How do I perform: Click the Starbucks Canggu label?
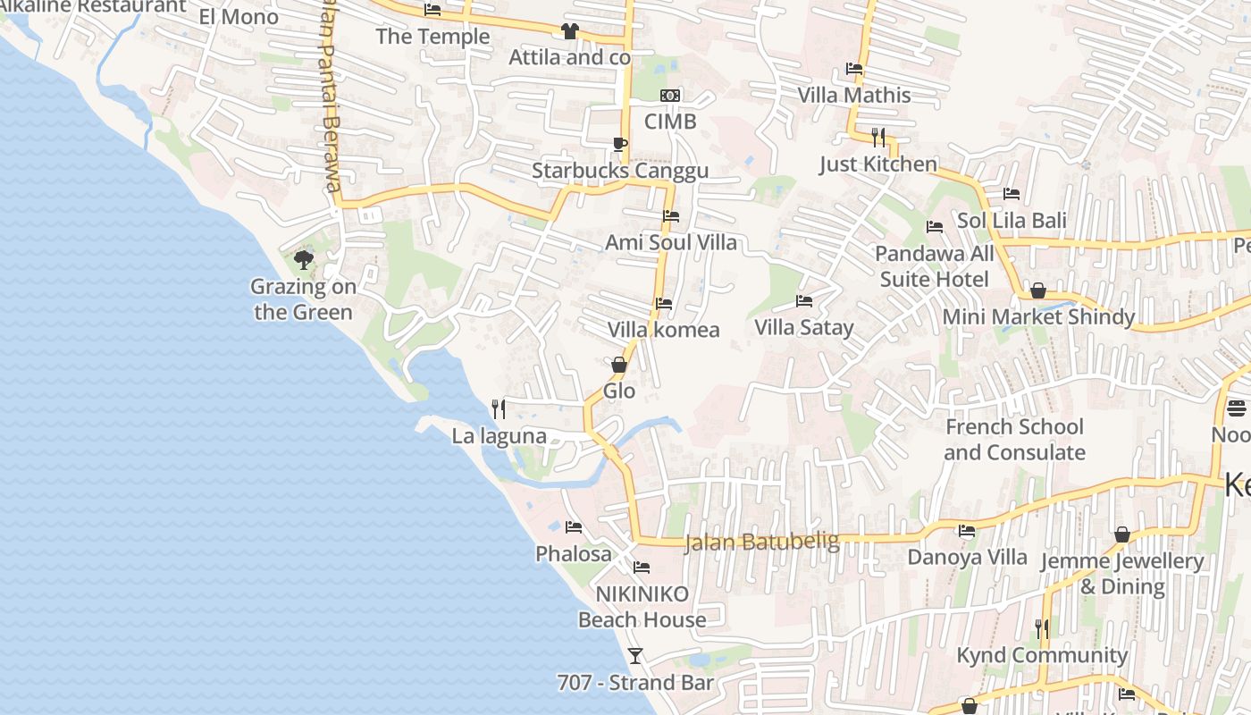pos(620,171)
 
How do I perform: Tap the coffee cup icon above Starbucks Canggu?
pos(619,144)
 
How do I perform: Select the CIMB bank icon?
pos(670,96)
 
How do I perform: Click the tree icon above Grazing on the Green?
pos(304,260)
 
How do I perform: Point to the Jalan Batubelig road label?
pos(761,543)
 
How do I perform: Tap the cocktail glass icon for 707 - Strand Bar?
pos(634,656)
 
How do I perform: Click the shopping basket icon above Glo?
pos(618,365)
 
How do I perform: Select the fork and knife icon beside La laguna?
pos(499,409)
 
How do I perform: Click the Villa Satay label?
pos(804,327)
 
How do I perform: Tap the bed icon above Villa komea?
pos(663,304)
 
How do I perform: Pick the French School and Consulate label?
pos(1014,440)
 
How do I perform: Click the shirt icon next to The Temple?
pos(569,31)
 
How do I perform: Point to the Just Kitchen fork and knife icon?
pos(878,137)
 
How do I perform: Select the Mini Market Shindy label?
pos(1038,317)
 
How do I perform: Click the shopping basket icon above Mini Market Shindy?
pos(1038,290)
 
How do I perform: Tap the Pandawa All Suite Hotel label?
pos(934,266)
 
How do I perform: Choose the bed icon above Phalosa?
pos(574,527)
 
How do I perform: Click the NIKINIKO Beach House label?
pos(642,607)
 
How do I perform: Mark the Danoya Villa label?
pos(967,558)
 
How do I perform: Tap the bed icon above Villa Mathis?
pos(854,69)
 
